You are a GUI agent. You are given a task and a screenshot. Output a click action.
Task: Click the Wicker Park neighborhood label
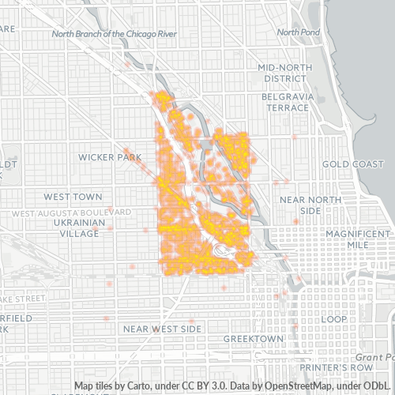(109, 157)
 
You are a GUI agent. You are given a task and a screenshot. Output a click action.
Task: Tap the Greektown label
(253, 338)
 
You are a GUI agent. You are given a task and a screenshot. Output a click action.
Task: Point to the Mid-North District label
(286, 73)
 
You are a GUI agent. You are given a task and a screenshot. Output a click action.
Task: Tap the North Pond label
(298, 32)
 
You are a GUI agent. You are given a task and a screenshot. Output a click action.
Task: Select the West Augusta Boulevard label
(72, 213)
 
